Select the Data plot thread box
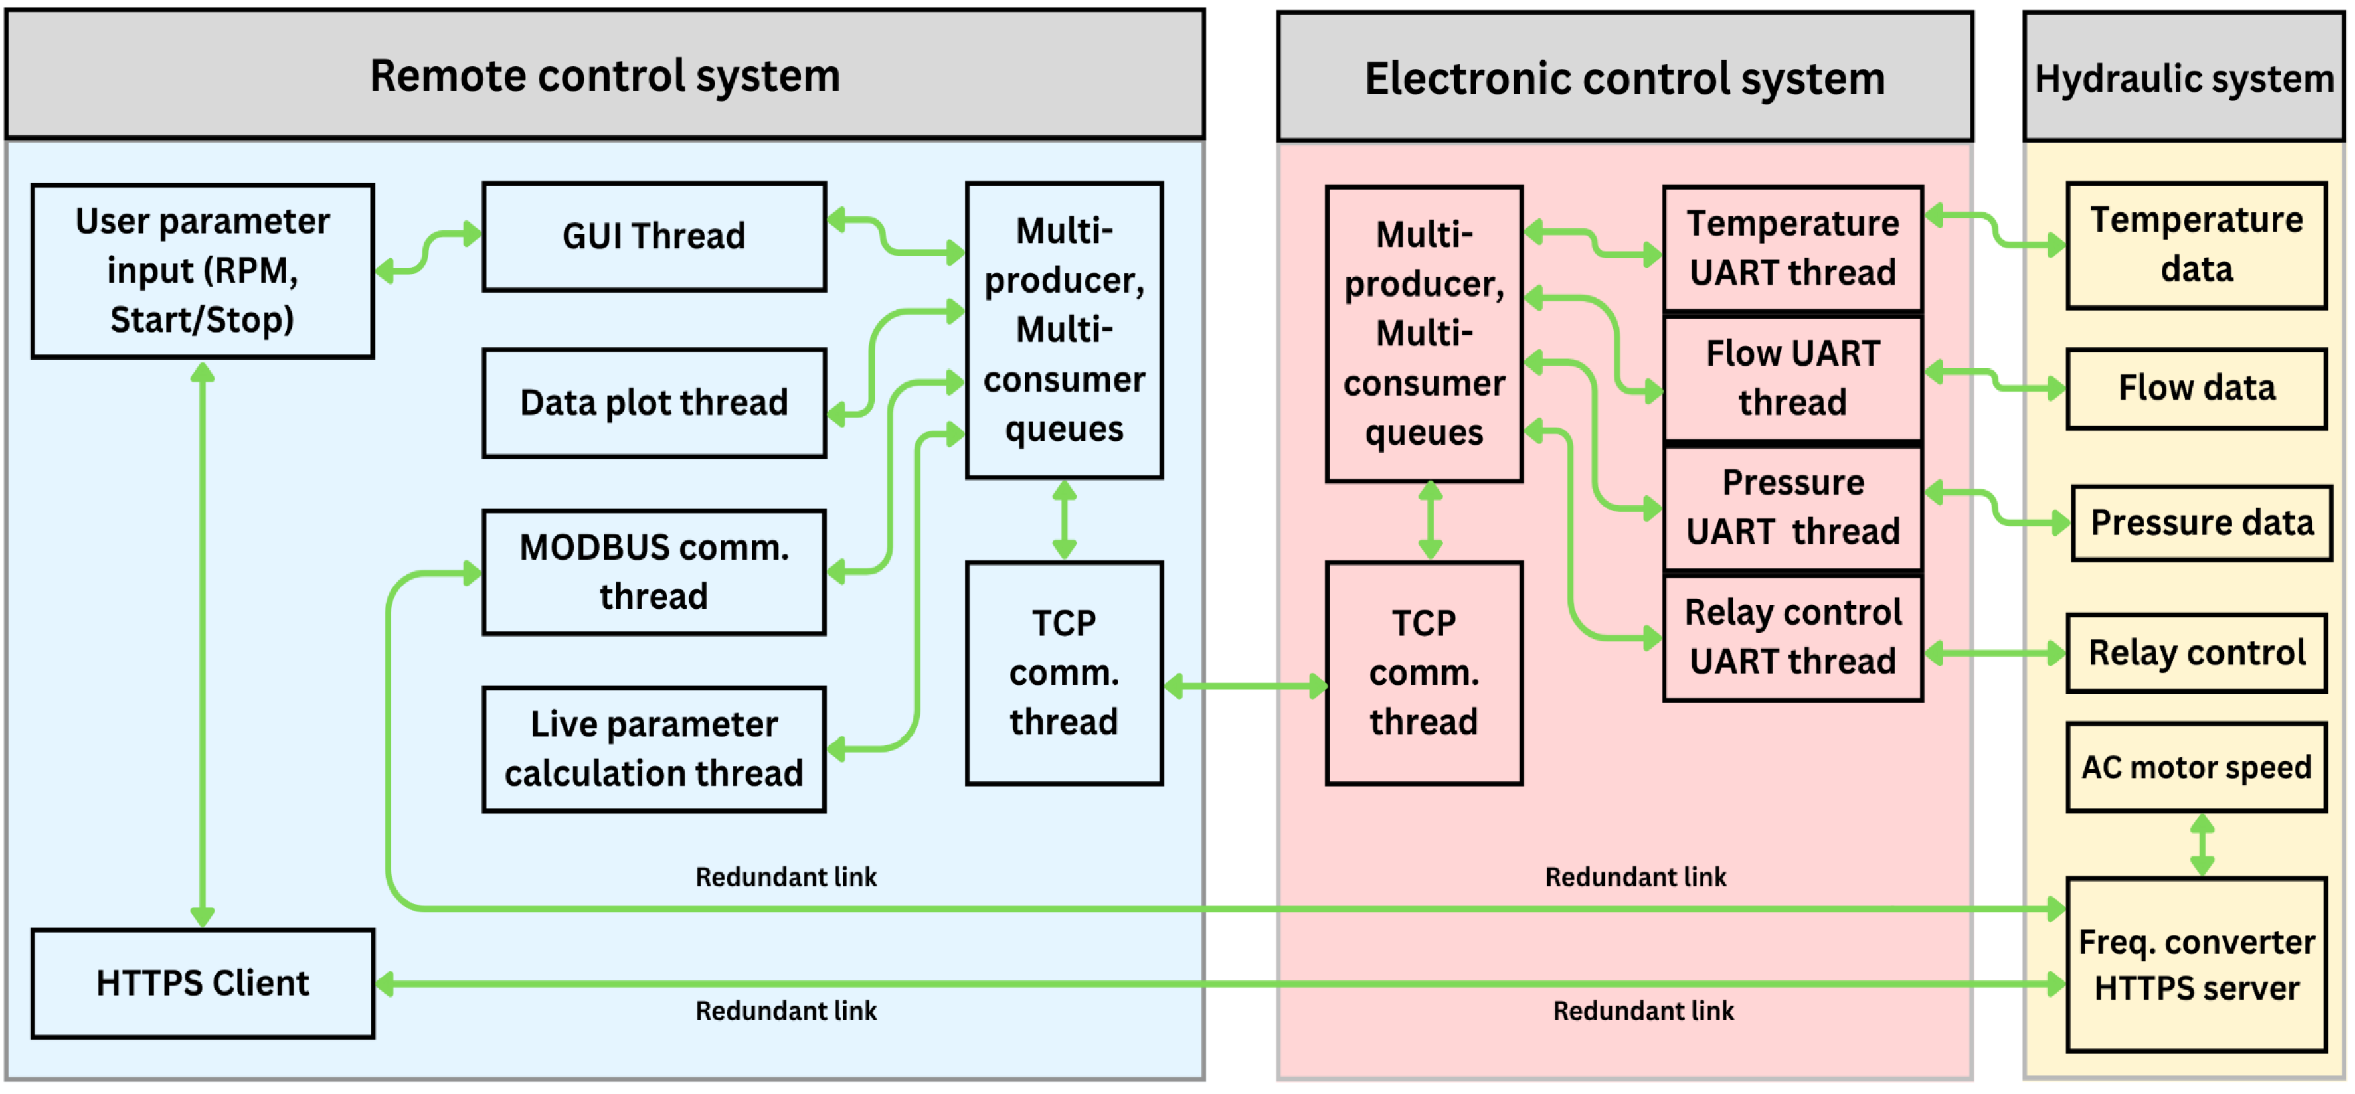[654, 403]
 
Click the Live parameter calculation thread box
[654, 749]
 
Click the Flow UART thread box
[1792, 378]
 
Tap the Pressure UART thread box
[1792, 508]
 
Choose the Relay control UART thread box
[1792, 638]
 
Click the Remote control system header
[604, 76]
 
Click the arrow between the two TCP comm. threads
[1245, 686]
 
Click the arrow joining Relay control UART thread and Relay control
[1995, 653]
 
